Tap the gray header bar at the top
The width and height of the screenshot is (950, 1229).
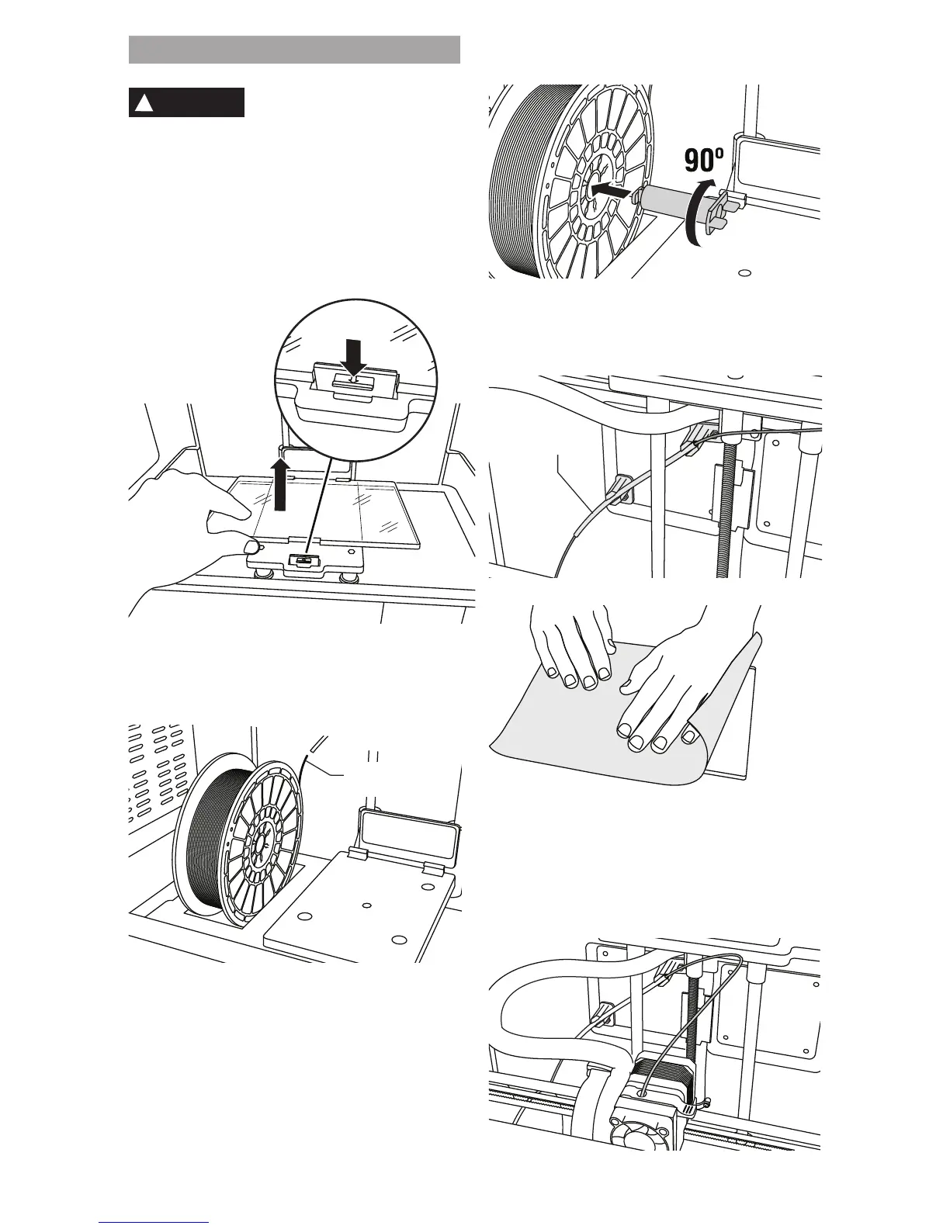click(x=294, y=49)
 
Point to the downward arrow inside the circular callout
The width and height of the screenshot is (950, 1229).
click(x=354, y=358)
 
